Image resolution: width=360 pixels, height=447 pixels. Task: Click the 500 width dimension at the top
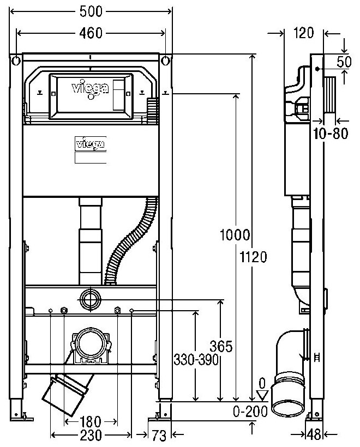(x=91, y=11)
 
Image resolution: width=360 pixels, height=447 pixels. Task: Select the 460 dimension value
(x=91, y=33)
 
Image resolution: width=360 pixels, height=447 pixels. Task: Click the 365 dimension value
(x=221, y=346)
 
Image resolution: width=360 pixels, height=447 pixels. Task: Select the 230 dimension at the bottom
(x=91, y=434)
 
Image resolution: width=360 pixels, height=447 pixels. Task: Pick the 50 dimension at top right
(x=343, y=62)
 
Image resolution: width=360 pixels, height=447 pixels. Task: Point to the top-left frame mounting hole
(x=16, y=59)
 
